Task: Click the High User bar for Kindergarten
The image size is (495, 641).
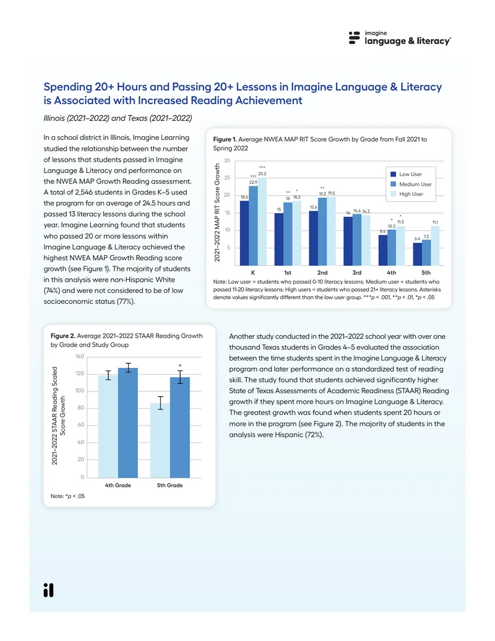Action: (262, 222)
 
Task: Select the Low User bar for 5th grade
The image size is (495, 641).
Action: (418, 255)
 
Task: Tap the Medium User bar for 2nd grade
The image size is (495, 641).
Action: (322, 232)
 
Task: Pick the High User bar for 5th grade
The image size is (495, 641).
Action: (435, 246)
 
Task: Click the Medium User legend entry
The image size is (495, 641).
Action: (411, 184)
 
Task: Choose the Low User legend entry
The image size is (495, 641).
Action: (407, 174)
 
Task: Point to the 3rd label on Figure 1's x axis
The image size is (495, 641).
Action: (356, 273)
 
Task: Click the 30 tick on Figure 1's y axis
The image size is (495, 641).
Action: (226, 160)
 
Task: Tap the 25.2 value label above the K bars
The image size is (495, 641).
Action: (262, 174)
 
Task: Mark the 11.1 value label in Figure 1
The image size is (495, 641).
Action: (436, 222)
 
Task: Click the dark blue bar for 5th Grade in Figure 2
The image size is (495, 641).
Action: (180, 427)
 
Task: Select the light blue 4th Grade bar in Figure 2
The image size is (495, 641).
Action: (108, 426)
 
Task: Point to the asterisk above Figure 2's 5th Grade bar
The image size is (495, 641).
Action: (180, 366)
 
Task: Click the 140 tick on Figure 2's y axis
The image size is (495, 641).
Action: (80, 357)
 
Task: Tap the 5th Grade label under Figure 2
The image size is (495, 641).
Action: (170, 486)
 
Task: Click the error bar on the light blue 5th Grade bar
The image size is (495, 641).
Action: (160, 403)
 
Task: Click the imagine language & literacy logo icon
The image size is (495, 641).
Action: (354, 38)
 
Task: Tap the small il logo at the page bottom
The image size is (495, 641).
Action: (49, 590)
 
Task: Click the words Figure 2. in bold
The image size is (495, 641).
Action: (63, 336)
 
